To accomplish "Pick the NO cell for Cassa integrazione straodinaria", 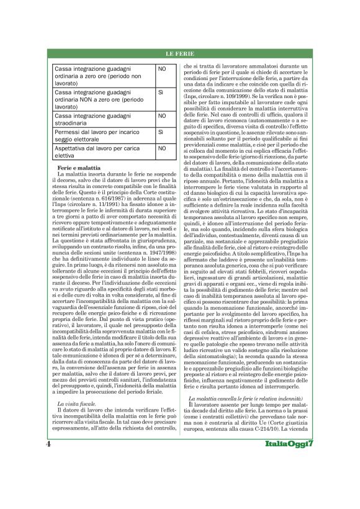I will [162, 115].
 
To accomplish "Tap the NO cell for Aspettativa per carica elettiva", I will [162, 149].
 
